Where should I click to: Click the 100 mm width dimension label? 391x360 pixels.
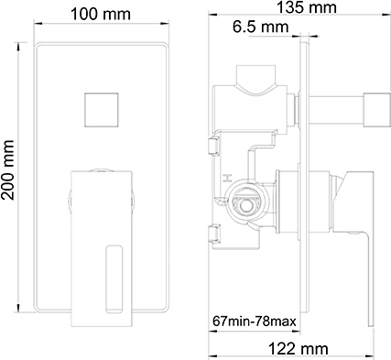coord(101,14)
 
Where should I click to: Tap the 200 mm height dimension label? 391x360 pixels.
coord(7,170)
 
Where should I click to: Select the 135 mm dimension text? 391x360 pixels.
coord(307,7)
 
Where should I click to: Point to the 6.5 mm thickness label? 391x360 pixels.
coord(260,27)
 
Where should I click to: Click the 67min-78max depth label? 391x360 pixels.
coord(255,322)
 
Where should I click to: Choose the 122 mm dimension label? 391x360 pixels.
coord(299,349)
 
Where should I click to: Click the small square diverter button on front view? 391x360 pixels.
coord(101,109)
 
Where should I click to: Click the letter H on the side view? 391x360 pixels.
coord(226,178)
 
